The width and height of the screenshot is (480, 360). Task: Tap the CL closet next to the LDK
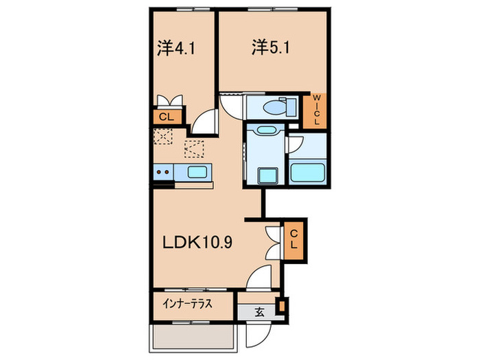pyautogui.click(x=293, y=241)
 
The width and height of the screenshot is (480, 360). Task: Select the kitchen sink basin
pyautogui.click(x=195, y=171)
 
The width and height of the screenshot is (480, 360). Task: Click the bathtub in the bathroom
pyautogui.click(x=307, y=171)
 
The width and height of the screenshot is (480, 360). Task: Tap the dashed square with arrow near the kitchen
pyautogui.click(x=194, y=148)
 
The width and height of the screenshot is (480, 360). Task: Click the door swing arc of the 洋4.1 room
pyautogui.click(x=204, y=123)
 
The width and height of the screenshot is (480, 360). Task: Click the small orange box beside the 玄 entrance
pyautogui.click(x=281, y=304)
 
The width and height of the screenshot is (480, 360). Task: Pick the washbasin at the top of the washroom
pyautogui.click(x=264, y=131)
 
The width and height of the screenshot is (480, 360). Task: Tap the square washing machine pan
pyautogui.click(x=265, y=175)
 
